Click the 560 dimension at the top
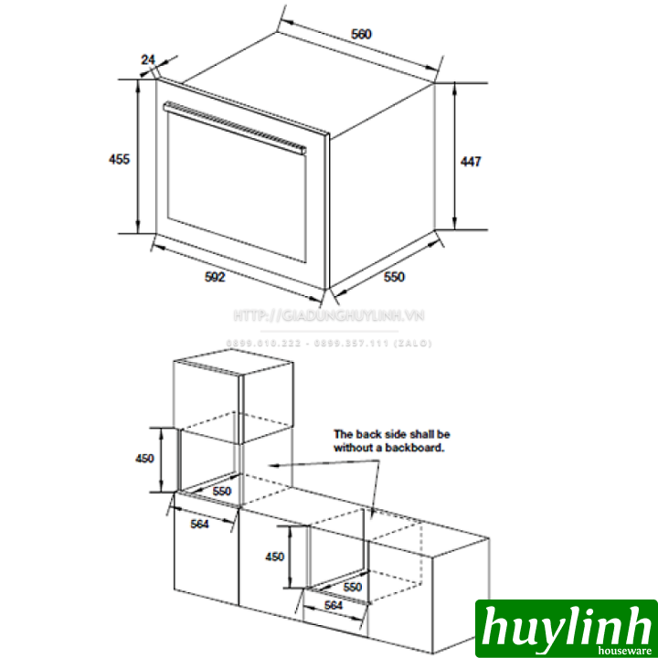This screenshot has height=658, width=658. pyautogui.click(x=362, y=35)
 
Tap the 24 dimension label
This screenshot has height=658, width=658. pyautogui.click(x=148, y=59)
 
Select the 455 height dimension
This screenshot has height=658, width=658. pyautogui.click(x=119, y=158)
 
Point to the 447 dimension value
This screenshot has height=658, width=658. pyautogui.click(x=470, y=162)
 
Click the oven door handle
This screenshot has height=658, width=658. pyautogui.click(x=233, y=125)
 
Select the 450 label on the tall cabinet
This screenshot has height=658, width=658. pyautogui.click(x=145, y=459)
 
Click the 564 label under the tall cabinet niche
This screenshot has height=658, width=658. pyautogui.click(x=200, y=524)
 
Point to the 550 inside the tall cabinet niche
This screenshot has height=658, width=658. pyautogui.click(x=220, y=492)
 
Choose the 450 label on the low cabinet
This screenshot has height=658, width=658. pyautogui.click(x=274, y=557)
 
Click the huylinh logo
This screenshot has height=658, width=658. pyautogui.click(x=565, y=627)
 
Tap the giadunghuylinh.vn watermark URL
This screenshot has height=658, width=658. pyautogui.click(x=329, y=316)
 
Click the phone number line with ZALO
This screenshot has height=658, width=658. pyautogui.click(x=329, y=344)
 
